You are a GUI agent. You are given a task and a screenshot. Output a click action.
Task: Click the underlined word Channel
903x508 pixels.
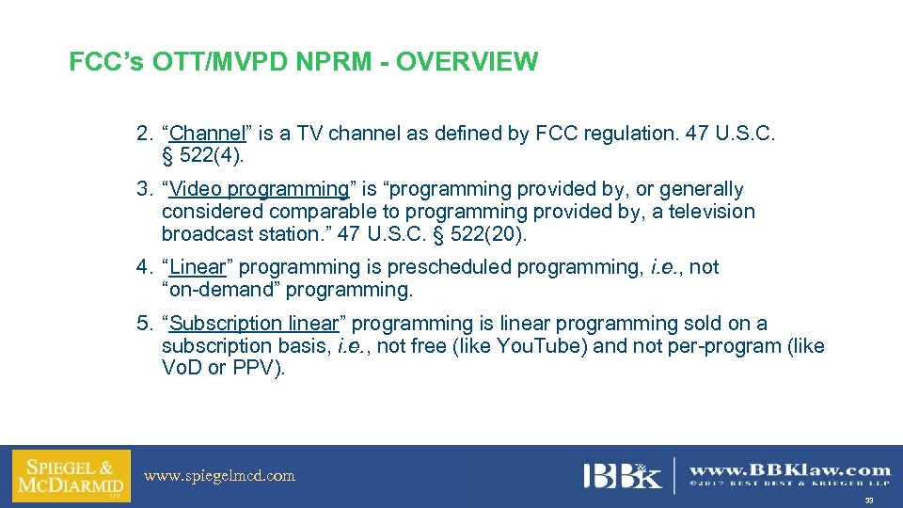[x=206, y=134]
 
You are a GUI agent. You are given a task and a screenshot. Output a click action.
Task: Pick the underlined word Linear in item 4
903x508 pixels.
[x=198, y=267]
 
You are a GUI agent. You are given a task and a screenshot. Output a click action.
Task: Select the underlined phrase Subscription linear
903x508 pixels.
[x=253, y=324]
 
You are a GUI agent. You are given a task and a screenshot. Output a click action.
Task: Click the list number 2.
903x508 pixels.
[x=144, y=134]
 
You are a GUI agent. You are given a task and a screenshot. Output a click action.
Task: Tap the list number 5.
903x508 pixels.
[x=144, y=324]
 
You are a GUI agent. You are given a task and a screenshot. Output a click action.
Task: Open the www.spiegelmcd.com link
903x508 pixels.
[x=219, y=476]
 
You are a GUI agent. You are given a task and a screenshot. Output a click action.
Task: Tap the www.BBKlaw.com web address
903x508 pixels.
[x=790, y=469]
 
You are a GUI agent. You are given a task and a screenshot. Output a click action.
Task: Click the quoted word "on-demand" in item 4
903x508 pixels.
[x=220, y=289]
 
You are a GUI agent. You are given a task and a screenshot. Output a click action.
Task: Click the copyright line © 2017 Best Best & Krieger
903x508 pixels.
[x=790, y=485]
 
